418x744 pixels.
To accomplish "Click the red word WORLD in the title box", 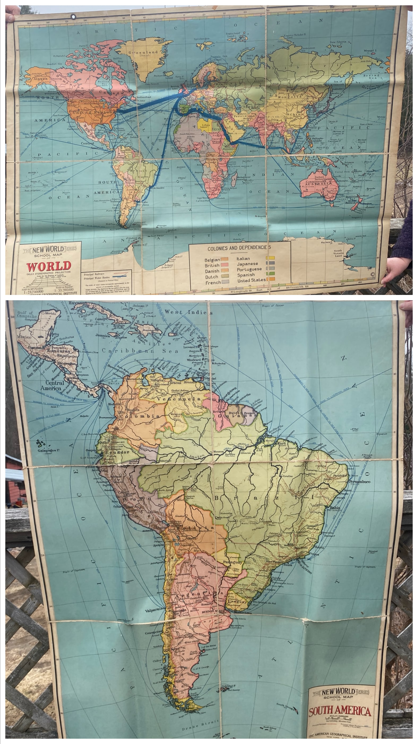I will click(49, 266).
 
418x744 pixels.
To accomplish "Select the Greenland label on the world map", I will click(143, 52).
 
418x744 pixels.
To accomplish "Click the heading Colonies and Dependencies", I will click(239, 248).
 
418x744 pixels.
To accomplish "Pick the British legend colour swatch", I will click(224, 265).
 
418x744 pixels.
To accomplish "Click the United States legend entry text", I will click(251, 280).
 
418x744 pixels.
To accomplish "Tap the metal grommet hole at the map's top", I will click(73, 16).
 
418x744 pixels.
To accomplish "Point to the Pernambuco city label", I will click(359, 481).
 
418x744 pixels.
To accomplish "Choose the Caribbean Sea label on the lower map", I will click(136, 351).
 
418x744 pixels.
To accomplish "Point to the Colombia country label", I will click(139, 416).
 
